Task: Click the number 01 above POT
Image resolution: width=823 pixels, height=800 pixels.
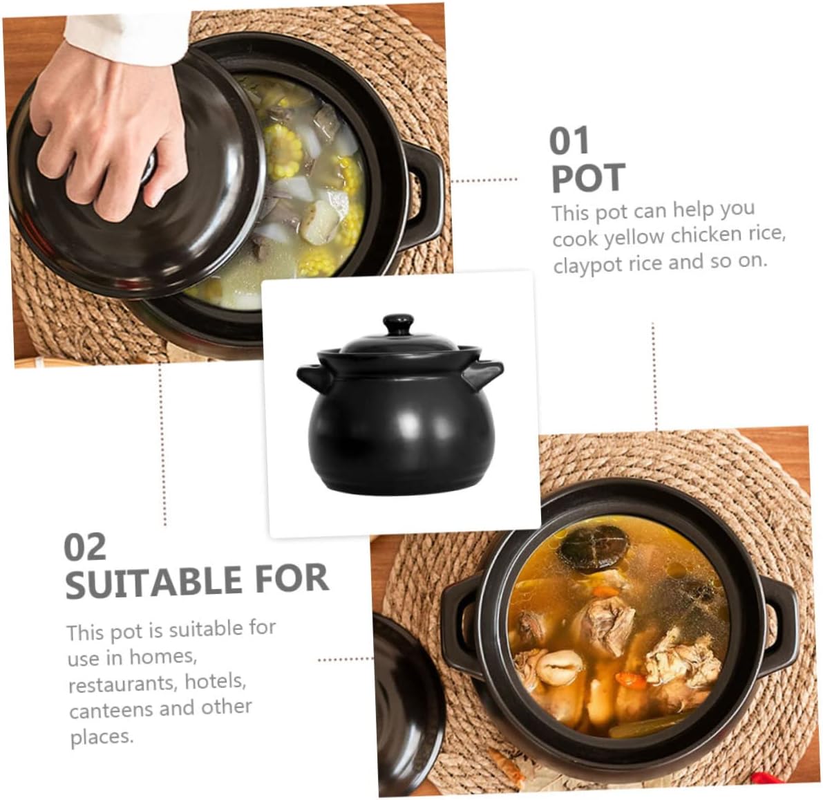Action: pyautogui.click(x=569, y=141)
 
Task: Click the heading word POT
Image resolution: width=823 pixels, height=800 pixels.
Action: pyautogui.click(x=588, y=178)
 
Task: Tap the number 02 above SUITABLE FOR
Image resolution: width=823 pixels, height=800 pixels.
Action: pyautogui.click(x=85, y=548)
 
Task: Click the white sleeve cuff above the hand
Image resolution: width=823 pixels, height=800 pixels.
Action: pyautogui.click(x=124, y=38)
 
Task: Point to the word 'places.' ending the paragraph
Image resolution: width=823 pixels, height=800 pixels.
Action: pyautogui.click(x=102, y=736)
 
